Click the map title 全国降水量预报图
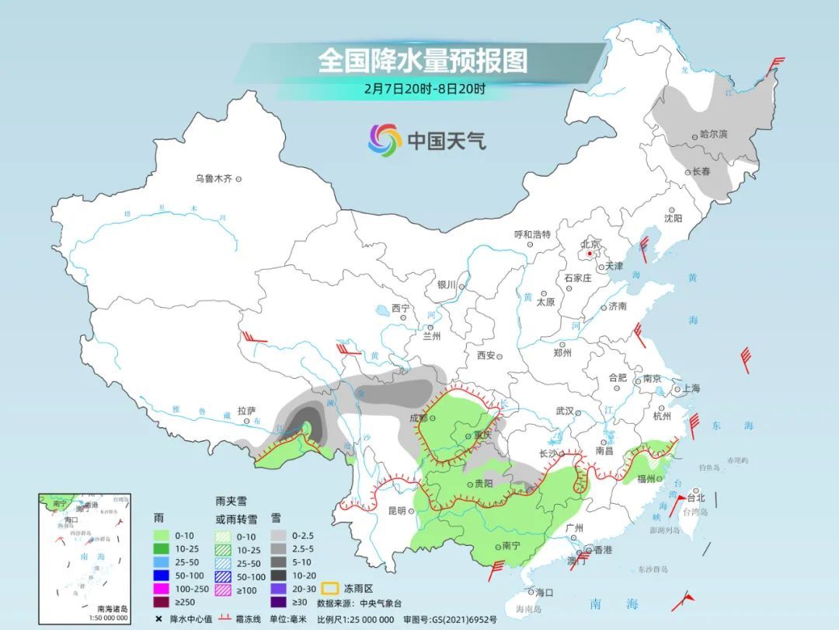click(x=423, y=61)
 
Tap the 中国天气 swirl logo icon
click(x=385, y=140)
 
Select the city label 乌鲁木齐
click(x=214, y=179)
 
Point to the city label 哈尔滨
click(x=713, y=135)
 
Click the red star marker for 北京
click(x=590, y=253)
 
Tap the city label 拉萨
click(x=247, y=410)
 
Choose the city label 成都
click(x=419, y=418)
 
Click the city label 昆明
click(x=396, y=511)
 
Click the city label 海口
click(x=544, y=593)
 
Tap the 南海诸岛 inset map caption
click(x=113, y=609)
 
